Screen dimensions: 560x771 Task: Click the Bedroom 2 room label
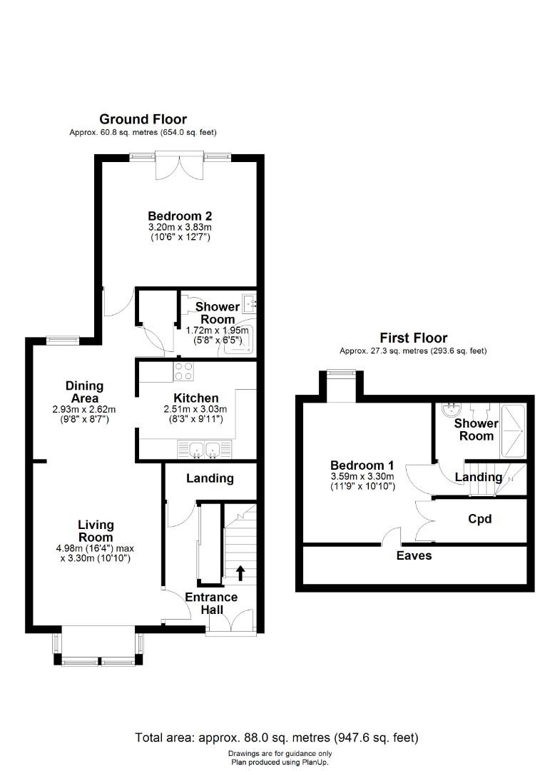pyautogui.click(x=180, y=216)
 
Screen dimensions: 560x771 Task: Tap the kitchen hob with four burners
pyautogui.click(x=183, y=371)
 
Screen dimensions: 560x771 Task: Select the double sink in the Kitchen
pyautogui.click(x=204, y=450)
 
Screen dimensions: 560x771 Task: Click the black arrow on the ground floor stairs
pyautogui.click(x=240, y=573)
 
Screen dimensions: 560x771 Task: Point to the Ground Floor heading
pyautogui.click(x=143, y=119)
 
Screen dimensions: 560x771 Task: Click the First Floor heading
pyautogui.click(x=414, y=338)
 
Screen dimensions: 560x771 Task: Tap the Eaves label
pyautogui.click(x=414, y=555)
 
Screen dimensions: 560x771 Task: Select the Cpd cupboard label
pyautogui.click(x=480, y=519)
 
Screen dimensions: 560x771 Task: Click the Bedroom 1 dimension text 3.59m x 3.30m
pyautogui.click(x=362, y=476)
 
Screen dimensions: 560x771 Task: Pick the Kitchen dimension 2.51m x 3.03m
pyautogui.click(x=195, y=409)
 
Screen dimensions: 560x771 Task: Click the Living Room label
pyautogui.click(x=96, y=531)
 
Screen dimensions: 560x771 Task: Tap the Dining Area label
pyautogui.click(x=84, y=392)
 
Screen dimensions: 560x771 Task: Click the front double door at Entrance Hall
pyautogui.click(x=231, y=622)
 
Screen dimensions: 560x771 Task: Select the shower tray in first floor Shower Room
pyautogui.click(x=512, y=431)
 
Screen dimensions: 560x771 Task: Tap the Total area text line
pyautogui.click(x=277, y=737)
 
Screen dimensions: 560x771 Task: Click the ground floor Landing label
pyautogui.click(x=210, y=478)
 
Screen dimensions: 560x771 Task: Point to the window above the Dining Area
pyautogui.click(x=63, y=338)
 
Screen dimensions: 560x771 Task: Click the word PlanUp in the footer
pyautogui.click(x=313, y=762)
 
